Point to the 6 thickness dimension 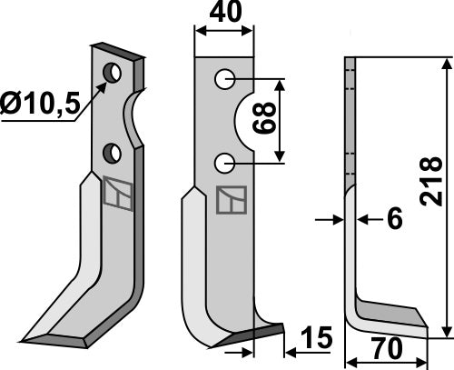(x=393, y=220)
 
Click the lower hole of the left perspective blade (x=113, y=151)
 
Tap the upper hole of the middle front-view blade (x=224, y=81)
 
